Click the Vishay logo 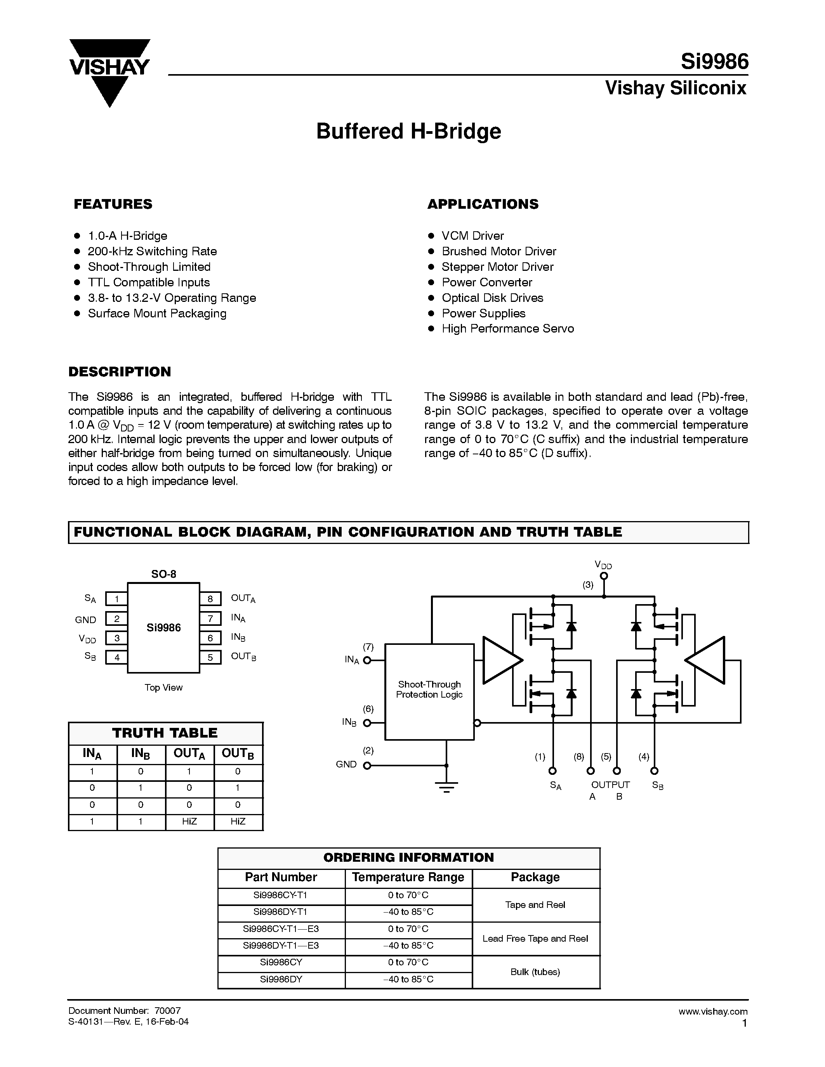[109, 68]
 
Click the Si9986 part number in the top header [714, 62]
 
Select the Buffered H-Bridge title [408, 131]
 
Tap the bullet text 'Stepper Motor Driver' [497, 267]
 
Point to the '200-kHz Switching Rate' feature [152, 251]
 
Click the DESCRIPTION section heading [120, 372]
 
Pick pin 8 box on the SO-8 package [210, 599]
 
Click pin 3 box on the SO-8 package [117, 638]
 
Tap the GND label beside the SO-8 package [85, 620]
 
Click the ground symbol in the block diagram [446, 786]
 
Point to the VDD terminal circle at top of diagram [604, 576]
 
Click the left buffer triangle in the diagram [500, 660]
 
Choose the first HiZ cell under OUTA [189, 822]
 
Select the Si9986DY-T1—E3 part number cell [281, 945]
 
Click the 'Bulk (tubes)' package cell [535, 972]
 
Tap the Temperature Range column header [408, 877]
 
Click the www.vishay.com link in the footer [712, 1011]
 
